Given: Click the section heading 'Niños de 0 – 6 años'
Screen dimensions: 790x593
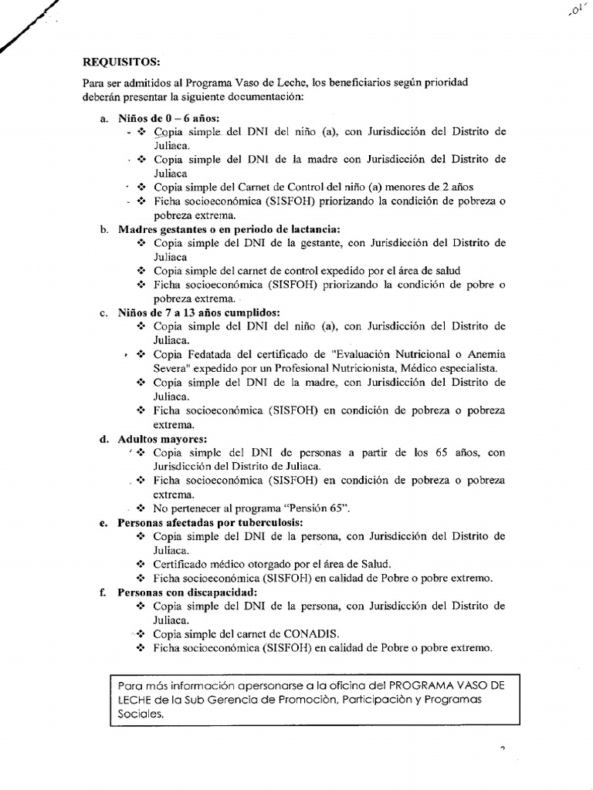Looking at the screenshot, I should click(x=169, y=119).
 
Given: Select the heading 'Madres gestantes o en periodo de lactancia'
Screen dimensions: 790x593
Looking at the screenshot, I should click(x=229, y=229).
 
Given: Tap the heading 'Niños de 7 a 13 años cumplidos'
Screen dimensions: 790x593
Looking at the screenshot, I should click(x=198, y=312).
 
